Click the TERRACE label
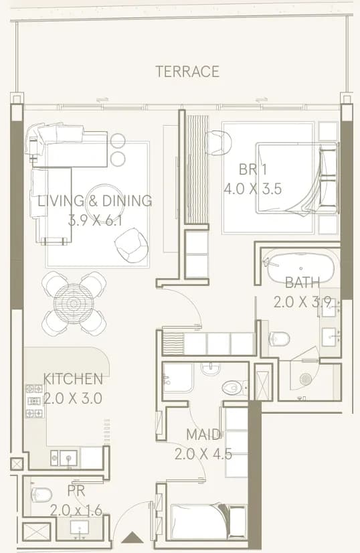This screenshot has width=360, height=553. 187,72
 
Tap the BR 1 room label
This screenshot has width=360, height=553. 253,169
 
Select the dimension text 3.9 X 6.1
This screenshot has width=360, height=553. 95,221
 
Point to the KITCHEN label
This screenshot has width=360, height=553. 73,379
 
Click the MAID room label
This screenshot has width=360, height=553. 203,434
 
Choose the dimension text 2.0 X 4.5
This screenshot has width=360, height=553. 203,454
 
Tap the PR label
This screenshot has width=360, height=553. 76,491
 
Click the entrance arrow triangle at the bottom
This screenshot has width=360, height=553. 132,537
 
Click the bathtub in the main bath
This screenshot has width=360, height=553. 300,268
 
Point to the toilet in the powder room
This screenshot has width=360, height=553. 41,495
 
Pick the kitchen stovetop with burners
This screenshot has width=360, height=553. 34,401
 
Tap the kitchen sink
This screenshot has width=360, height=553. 68,458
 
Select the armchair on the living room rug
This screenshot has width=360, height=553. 132,246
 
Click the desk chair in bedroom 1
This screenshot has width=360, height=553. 219,142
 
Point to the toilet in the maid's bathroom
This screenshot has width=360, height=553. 234,387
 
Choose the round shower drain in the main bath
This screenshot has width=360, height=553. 305,379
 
